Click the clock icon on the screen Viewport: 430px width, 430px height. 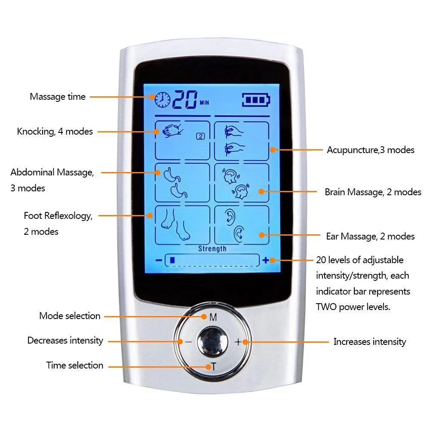pyautogui.click(x=163, y=99)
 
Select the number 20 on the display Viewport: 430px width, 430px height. pyautogui.click(x=184, y=99)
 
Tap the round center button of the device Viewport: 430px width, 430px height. pyautogui.click(x=213, y=342)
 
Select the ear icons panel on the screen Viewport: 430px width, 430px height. pyautogui.click(x=242, y=224)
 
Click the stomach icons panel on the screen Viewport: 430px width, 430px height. pyautogui.click(x=182, y=182)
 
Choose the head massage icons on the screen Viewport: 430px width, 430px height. pyautogui.click(x=242, y=182)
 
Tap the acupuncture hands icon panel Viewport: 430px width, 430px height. pyautogui.click(x=241, y=140)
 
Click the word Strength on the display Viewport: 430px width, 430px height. pyautogui.click(x=212, y=249)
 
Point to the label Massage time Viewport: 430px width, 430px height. pyautogui.click(x=58, y=97)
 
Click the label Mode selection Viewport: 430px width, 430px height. pyautogui.click(x=70, y=316)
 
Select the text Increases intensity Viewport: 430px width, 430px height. pyautogui.click(x=370, y=342)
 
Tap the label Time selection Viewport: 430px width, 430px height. pyautogui.click(x=75, y=365)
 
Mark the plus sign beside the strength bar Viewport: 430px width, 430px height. pyautogui.click(x=266, y=260)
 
